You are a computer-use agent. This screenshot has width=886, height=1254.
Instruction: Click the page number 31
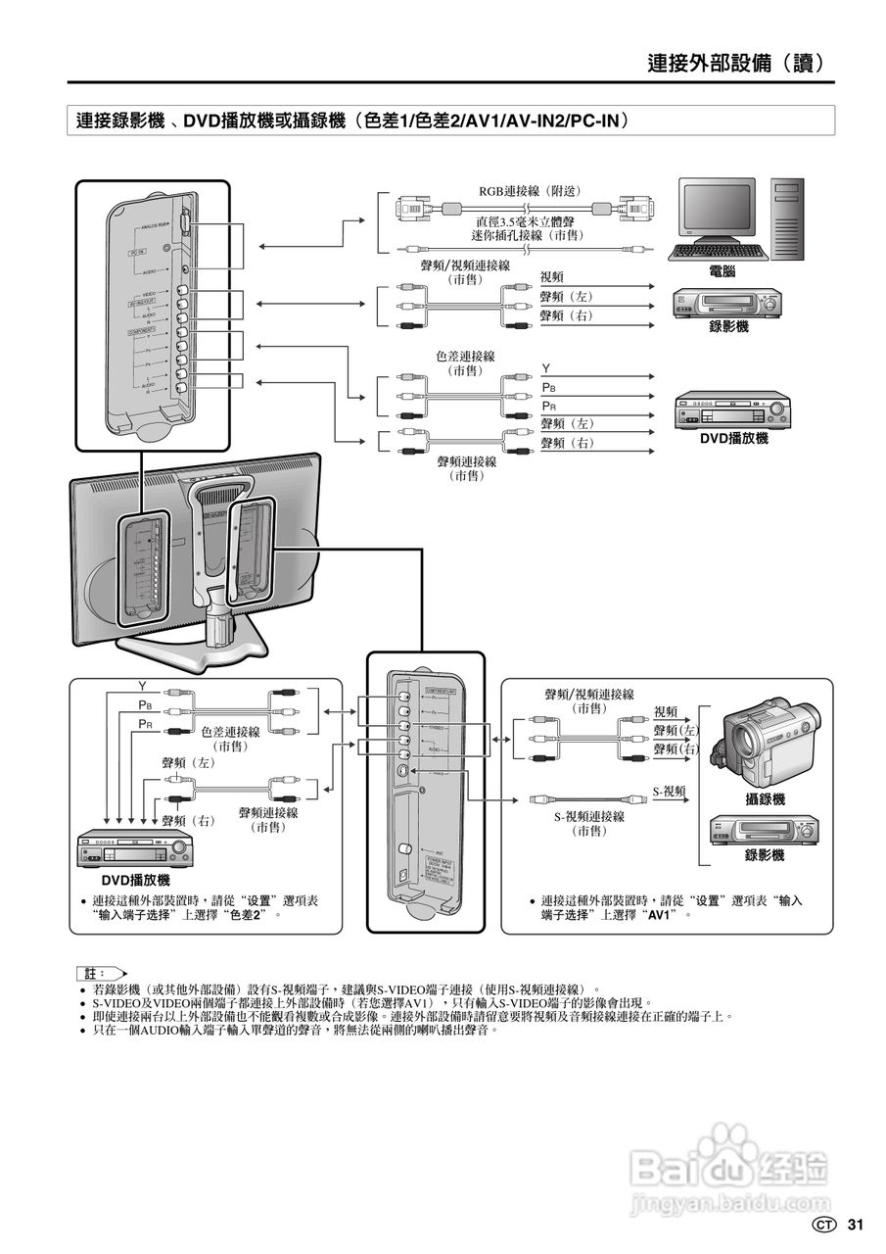[856, 1225]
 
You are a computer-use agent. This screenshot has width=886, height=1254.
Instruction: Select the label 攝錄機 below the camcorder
[765, 799]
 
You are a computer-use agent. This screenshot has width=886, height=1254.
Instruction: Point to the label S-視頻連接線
[589, 815]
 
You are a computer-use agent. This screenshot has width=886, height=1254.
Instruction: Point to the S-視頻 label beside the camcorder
[670, 791]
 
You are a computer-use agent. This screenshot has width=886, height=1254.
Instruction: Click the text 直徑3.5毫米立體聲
[528, 221]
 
